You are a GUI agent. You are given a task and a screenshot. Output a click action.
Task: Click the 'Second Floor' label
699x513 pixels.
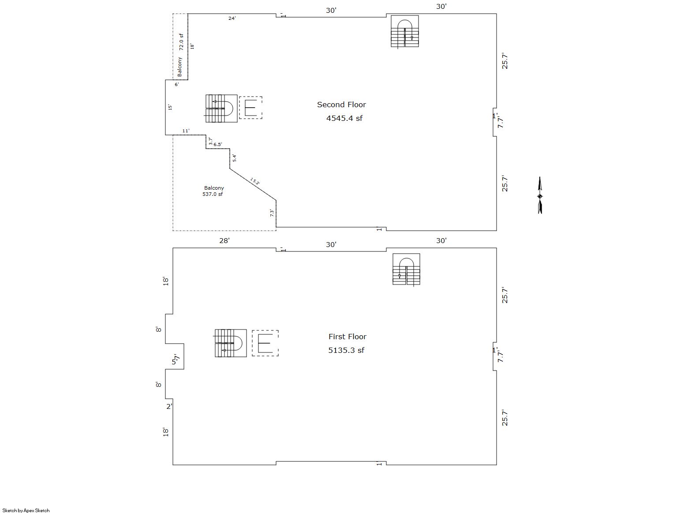click(x=341, y=105)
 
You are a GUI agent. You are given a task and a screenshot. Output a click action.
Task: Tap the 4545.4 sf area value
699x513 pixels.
click(x=344, y=118)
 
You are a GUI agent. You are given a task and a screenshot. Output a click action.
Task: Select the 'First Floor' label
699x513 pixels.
click(x=348, y=337)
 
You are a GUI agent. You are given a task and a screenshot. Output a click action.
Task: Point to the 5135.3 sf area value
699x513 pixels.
click(x=346, y=350)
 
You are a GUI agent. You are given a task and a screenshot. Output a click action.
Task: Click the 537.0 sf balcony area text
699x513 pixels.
click(x=213, y=194)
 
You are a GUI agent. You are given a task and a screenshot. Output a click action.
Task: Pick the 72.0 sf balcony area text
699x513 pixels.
click(x=181, y=42)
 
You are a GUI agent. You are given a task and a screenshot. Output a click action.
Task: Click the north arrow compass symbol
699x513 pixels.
click(x=540, y=195)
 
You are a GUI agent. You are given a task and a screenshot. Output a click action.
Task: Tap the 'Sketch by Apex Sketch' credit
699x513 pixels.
click(x=26, y=510)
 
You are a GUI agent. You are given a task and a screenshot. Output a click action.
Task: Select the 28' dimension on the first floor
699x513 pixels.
click(x=224, y=240)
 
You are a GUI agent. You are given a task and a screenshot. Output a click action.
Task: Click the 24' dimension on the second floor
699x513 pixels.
click(x=232, y=19)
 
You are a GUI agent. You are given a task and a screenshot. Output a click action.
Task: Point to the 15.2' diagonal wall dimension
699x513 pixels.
click(x=255, y=181)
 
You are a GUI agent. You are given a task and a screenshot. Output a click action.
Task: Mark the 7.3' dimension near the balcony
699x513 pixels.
click(x=272, y=213)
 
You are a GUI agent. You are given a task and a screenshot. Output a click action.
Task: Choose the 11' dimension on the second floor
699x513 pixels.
click(x=186, y=131)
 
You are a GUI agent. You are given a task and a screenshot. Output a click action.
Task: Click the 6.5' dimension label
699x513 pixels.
click(x=218, y=145)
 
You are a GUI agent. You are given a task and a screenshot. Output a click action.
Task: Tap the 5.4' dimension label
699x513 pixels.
click(x=234, y=158)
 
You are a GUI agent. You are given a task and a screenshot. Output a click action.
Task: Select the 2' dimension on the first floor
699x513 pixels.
click(x=169, y=407)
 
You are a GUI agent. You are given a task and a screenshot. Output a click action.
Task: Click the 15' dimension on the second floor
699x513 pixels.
click(x=170, y=107)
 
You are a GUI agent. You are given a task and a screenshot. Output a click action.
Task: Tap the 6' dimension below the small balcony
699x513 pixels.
click(x=176, y=85)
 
